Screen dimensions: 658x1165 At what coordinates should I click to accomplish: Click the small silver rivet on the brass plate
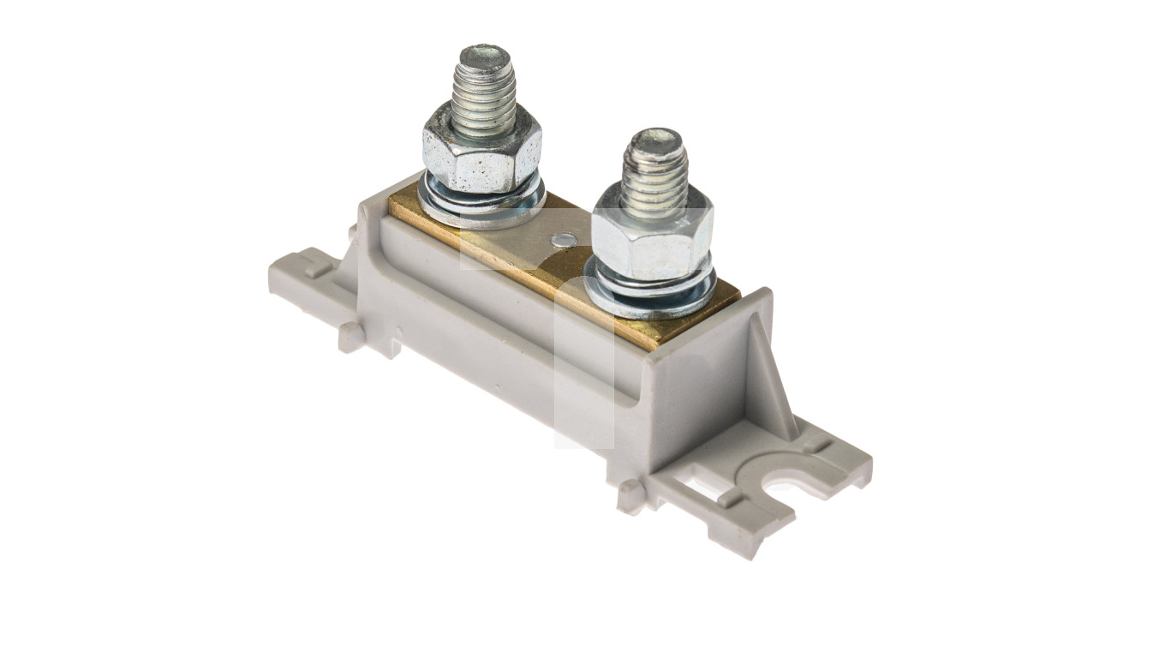562,241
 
